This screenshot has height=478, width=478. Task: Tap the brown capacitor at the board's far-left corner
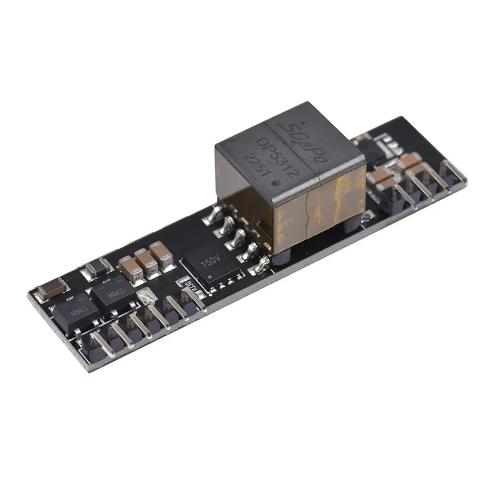click(47, 291)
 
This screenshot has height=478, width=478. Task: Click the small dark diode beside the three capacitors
click(95, 270)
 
